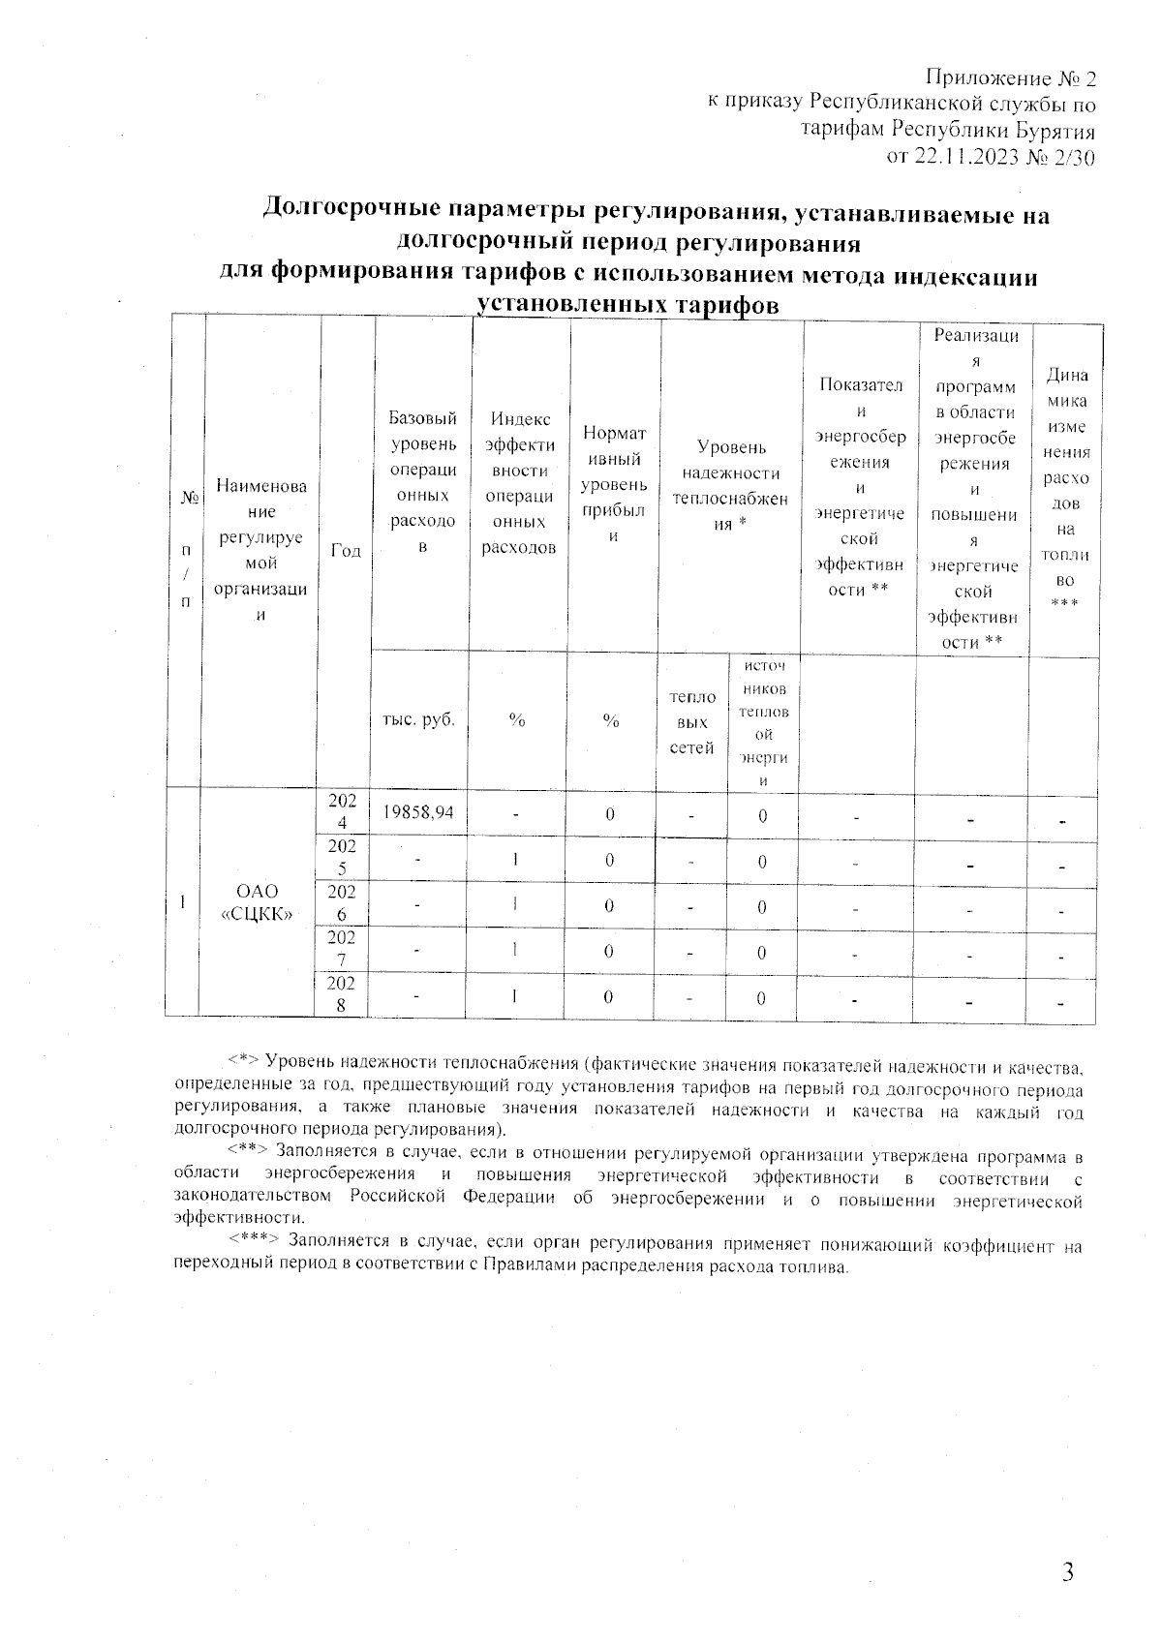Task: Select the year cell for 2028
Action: pos(345,994)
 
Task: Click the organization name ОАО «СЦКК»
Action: pos(258,902)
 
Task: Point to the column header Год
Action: pos(346,550)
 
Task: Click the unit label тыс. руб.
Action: pos(418,720)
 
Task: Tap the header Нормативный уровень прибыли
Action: pos(613,483)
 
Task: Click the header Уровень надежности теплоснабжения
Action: pos(731,485)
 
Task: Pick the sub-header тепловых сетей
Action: pos(691,722)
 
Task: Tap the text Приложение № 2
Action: pos(1011,78)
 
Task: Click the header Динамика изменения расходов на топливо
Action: pos(1065,488)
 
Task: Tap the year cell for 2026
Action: pos(345,903)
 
